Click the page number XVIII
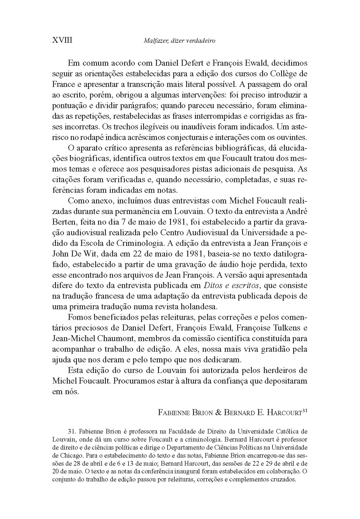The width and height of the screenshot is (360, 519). (62, 40)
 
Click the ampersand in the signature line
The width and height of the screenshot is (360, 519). (218, 413)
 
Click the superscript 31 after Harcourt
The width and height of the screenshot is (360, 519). (305, 411)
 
